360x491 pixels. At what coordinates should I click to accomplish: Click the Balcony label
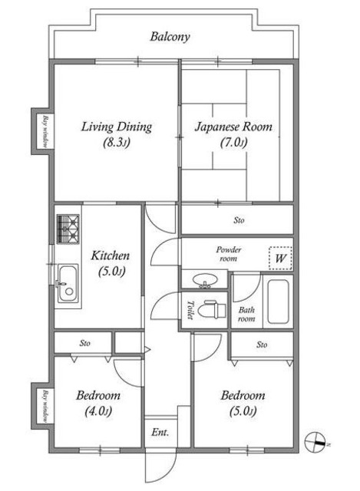pos(170,37)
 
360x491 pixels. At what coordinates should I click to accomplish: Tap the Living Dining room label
pos(117,134)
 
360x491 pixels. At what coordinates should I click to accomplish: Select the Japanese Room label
pos(233,134)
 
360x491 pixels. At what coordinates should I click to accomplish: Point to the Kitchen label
pos(111,263)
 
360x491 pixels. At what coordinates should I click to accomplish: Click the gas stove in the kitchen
pos(68,229)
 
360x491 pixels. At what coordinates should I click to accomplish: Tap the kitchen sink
pos(68,283)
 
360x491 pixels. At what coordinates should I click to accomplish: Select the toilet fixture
pos(215,309)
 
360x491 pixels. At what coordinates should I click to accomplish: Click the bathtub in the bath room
pos(278,302)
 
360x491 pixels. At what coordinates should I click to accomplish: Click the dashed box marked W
pos(280,259)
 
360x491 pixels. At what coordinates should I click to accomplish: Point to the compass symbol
pos(315,442)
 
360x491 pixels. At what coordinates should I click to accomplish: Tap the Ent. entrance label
pos(160,433)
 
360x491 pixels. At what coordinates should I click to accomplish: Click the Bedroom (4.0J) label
pos(98,403)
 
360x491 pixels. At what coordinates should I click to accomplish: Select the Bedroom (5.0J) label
pos(243,403)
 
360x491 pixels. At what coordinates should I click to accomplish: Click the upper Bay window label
pos(45,132)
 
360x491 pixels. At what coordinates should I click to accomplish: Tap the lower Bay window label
pos(45,406)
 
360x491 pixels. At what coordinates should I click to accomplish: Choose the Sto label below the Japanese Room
pos(239,220)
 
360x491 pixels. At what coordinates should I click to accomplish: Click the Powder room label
pos(229,254)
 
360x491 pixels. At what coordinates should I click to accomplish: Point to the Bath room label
pos(246,315)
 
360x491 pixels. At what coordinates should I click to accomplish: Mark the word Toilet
pos(190,310)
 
